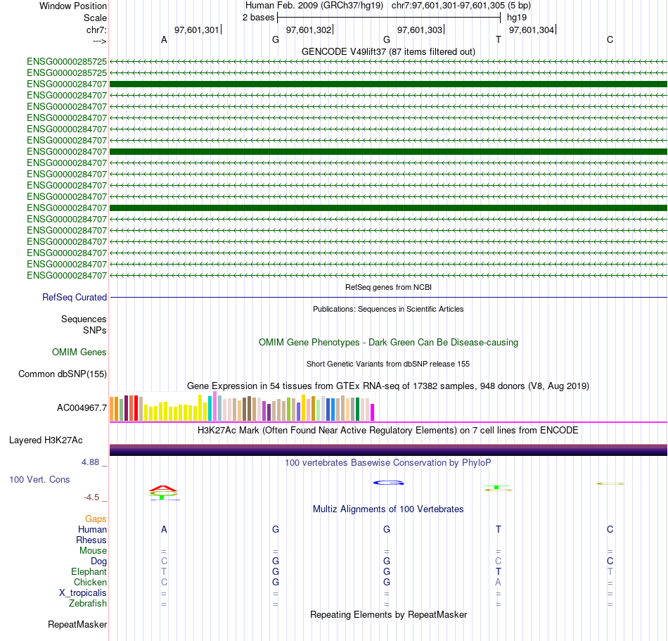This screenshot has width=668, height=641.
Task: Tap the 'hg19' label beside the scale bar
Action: point(516,17)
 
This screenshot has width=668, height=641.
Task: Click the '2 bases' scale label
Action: point(259,17)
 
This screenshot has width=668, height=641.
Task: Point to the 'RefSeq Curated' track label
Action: point(75,298)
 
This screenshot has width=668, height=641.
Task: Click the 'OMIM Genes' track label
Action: point(79,352)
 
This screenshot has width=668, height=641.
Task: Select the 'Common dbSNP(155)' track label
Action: point(63,374)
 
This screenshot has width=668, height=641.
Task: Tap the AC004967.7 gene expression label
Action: point(82,407)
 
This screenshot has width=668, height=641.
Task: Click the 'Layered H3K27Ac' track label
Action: point(46,440)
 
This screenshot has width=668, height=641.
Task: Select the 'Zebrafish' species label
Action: point(88,604)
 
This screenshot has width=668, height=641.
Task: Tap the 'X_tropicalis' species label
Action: point(83,593)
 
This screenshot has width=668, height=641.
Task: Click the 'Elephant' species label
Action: point(89,572)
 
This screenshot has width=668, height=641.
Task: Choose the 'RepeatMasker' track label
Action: point(77,624)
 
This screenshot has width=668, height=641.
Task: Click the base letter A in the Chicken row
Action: point(498,583)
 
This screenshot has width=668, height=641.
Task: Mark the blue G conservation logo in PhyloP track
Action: point(387,483)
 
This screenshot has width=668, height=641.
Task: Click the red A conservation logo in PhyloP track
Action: point(163,488)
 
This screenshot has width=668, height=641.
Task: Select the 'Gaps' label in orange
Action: point(96,519)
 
